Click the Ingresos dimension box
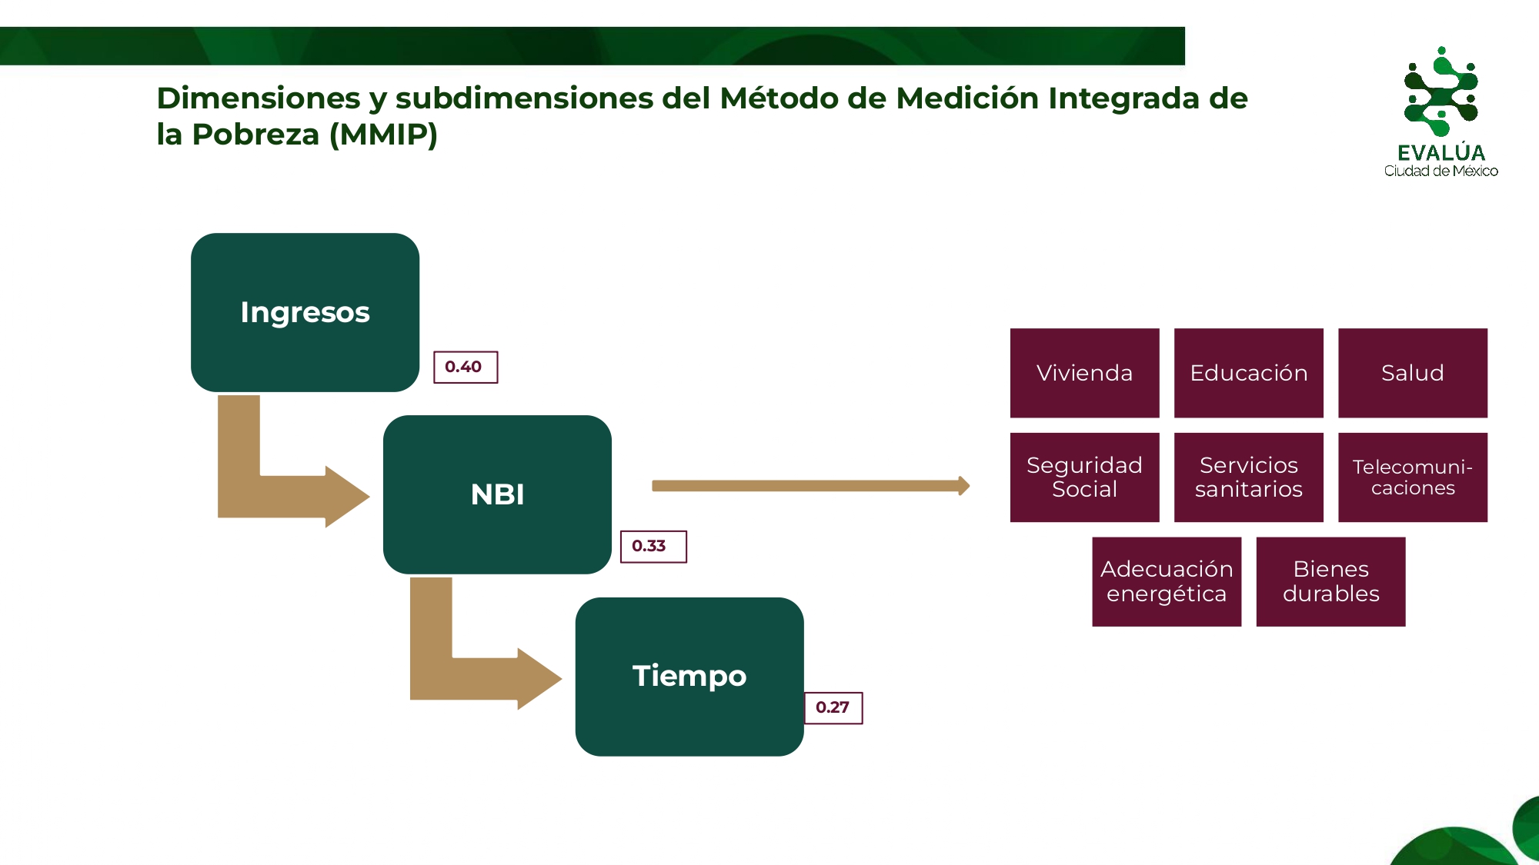305,312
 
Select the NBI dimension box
497,494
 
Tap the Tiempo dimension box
689,677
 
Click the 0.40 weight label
466,367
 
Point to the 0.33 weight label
653,547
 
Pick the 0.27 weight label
833,708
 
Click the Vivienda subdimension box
1084,373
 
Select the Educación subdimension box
1248,373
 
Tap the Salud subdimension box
1413,373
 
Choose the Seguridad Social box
1084,477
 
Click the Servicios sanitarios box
1248,477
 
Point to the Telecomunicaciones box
1413,477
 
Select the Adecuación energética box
1167,581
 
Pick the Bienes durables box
1330,581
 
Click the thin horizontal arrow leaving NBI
810,486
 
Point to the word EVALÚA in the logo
1441,153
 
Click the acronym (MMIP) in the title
383,135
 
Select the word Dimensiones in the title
259,98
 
